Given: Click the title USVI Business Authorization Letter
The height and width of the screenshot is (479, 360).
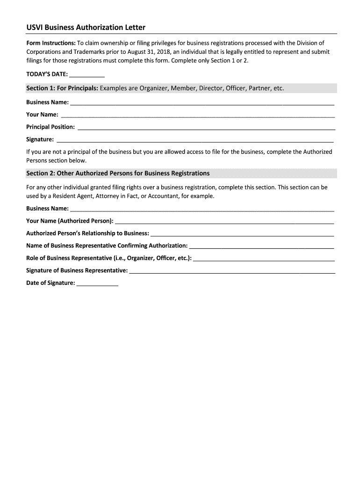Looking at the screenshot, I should [x=86, y=28].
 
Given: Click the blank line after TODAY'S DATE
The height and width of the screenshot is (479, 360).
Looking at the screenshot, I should [x=87, y=75].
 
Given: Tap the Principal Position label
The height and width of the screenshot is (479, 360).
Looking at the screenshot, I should [x=50, y=127].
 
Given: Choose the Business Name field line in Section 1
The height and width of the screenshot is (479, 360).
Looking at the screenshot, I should [x=202, y=103].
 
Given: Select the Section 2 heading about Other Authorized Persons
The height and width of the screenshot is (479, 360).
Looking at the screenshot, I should [x=118, y=174].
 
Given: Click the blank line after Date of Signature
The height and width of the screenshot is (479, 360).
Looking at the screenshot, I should [x=97, y=284].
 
